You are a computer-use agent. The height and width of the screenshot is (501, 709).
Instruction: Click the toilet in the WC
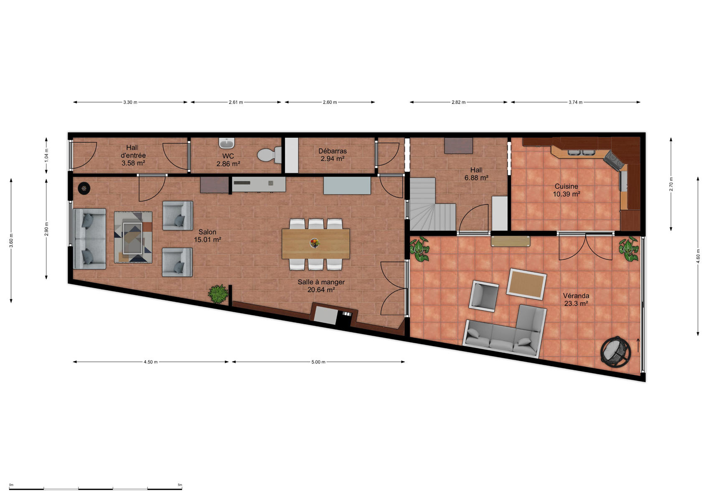pyautogui.click(x=269, y=155)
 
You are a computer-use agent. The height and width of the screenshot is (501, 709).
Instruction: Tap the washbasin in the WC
pyautogui.click(x=226, y=143)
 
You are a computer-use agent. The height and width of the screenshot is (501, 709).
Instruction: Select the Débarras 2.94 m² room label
pyautogui.click(x=332, y=154)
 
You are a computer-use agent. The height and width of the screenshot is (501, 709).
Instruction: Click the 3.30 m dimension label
pyautogui.click(x=130, y=102)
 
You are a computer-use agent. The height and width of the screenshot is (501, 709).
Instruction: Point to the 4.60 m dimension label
pyautogui.click(x=698, y=256)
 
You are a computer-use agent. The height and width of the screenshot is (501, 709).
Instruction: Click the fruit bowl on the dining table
pyautogui.click(x=315, y=243)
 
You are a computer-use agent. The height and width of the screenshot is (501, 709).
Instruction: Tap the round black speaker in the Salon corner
pyautogui.click(x=84, y=189)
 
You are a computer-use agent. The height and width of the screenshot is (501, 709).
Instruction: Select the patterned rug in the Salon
pyautogui.click(x=133, y=237)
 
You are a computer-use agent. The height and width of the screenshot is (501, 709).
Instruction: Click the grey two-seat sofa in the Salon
pyautogui.click(x=89, y=239)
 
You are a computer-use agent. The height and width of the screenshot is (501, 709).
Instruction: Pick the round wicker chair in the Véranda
pyautogui.click(x=616, y=352)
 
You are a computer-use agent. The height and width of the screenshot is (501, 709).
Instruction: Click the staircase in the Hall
pyautogui.click(x=432, y=204)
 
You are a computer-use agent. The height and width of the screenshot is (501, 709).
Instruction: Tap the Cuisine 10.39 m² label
pyautogui.click(x=566, y=190)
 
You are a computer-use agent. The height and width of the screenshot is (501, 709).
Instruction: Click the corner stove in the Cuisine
pyautogui.click(x=615, y=161)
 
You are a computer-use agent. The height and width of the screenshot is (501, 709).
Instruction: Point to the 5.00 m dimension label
pyautogui.click(x=318, y=362)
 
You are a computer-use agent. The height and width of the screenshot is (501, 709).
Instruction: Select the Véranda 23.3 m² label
pyautogui.click(x=576, y=299)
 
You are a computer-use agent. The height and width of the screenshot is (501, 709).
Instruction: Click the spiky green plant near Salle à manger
pyautogui.click(x=218, y=294)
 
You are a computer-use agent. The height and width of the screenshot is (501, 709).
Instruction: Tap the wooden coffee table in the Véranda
pyautogui.click(x=526, y=284)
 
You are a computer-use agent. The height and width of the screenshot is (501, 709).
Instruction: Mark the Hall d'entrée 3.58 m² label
pyautogui.click(x=133, y=155)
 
